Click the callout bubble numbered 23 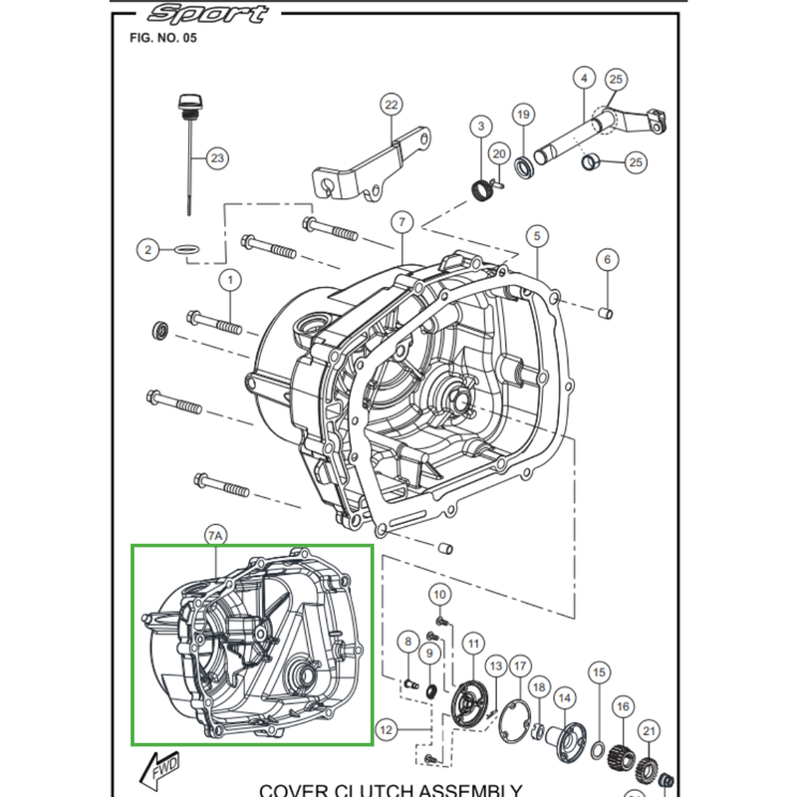click(217, 158)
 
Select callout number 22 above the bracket click(391, 105)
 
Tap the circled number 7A click(216, 536)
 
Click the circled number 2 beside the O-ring click(148, 250)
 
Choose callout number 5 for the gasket click(537, 236)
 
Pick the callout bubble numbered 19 click(523, 116)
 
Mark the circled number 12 click(388, 730)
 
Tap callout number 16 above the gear click(623, 707)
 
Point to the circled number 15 click(598, 674)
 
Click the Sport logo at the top click(207, 14)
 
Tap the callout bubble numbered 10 click(439, 595)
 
